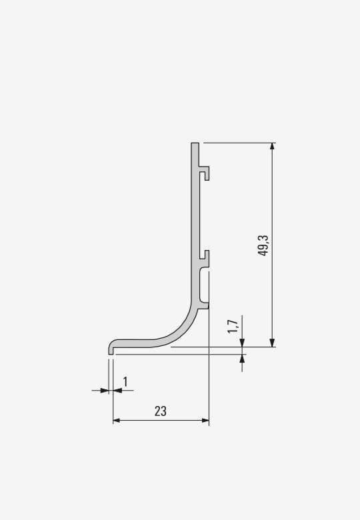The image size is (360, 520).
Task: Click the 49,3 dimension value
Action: point(263,245)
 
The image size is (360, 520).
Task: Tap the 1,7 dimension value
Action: point(233,327)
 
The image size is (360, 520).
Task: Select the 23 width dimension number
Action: point(161,411)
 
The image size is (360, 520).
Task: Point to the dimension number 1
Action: point(125,382)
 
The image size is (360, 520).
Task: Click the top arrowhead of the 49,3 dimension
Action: point(272,147)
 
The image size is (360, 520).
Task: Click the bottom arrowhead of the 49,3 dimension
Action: point(272,343)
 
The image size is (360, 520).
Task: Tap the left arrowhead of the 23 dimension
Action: point(117,421)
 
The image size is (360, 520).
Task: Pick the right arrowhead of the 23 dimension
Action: point(205,421)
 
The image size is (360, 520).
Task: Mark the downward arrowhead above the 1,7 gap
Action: point(242,343)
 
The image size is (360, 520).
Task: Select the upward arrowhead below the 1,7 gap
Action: point(242,359)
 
